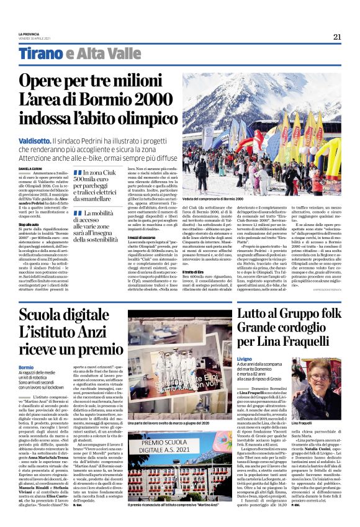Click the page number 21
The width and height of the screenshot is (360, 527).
pos(337,37)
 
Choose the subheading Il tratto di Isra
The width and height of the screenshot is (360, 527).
pos(194,254)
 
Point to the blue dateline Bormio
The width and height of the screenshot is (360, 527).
pos(27,367)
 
